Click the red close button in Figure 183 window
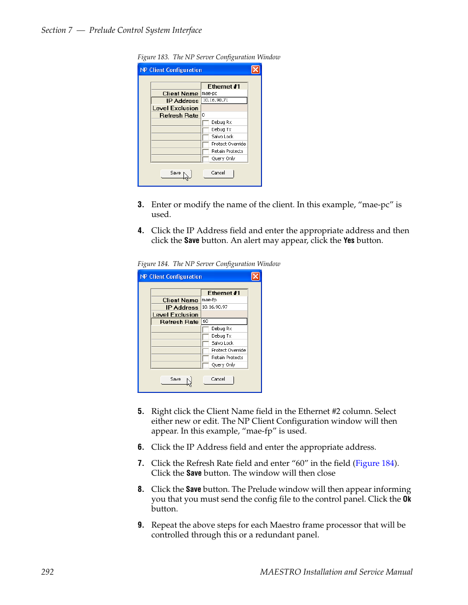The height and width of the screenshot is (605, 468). [x=255, y=70]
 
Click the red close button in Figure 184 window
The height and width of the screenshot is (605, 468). [x=255, y=276]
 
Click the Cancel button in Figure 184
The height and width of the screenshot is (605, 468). [x=218, y=380]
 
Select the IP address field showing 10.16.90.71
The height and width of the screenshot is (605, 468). [x=224, y=100]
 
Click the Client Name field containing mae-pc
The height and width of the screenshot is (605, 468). [x=224, y=93]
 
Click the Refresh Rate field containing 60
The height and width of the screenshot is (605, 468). [x=224, y=322]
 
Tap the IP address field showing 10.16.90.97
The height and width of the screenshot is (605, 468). [x=224, y=307]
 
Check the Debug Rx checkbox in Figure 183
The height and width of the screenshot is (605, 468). [x=206, y=122]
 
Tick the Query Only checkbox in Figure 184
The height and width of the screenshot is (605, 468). [x=206, y=365]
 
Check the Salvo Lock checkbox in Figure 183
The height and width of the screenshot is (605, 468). [x=206, y=137]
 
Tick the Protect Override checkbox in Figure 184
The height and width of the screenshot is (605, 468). [x=206, y=351]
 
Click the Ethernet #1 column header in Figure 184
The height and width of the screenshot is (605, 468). [x=224, y=293]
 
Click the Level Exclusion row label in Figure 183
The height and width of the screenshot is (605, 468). [x=176, y=108]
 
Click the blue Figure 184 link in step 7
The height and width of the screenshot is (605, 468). [x=375, y=463]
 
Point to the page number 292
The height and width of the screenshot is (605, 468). [x=48, y=572]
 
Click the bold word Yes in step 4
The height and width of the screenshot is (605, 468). [x=349, y=241]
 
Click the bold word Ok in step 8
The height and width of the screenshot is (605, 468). [x=407, y=499]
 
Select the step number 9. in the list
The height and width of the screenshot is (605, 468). [x=141, y=525]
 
